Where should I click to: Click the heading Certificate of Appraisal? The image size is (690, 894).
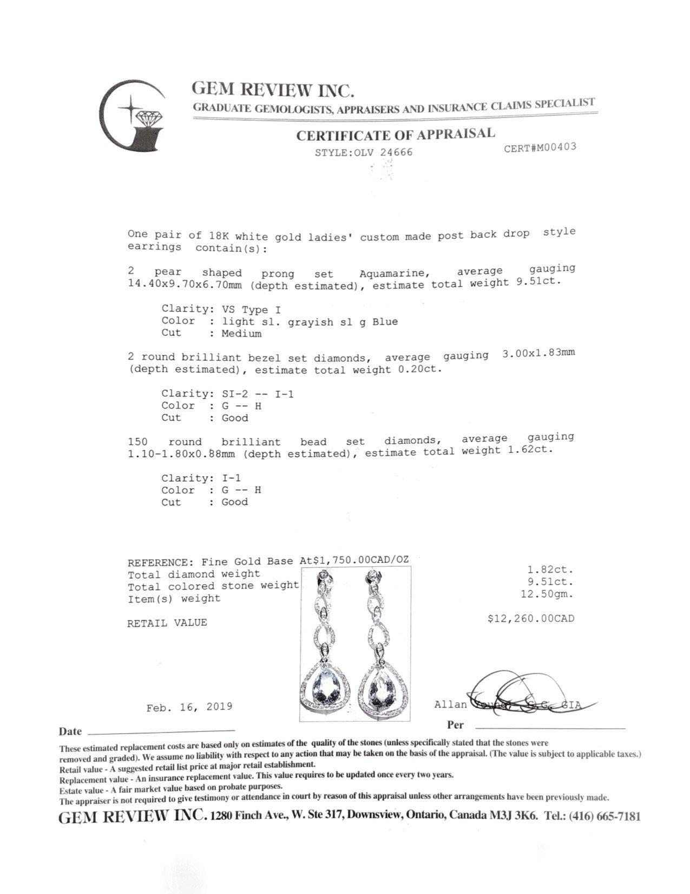395,134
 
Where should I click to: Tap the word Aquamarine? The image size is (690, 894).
392,273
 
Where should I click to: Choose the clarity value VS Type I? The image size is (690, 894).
251,309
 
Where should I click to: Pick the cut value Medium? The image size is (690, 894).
241,333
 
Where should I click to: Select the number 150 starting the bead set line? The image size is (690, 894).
137,442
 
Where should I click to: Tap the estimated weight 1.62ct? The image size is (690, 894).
533,450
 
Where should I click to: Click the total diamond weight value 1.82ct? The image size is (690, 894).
550,570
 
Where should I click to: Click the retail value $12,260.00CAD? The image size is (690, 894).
530,618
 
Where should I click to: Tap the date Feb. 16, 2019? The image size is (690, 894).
189,707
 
